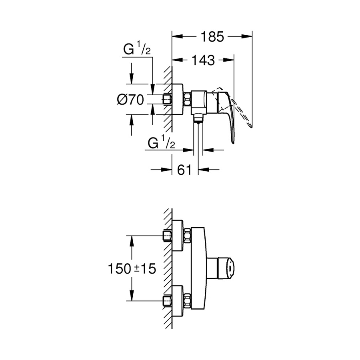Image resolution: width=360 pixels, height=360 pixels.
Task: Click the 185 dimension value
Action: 212,37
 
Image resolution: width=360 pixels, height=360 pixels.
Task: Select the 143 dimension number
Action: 203,60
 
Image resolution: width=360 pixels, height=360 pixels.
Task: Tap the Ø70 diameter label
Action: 130,100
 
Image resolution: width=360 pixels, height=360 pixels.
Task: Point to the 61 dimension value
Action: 184,170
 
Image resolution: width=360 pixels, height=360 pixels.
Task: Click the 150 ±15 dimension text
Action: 132,269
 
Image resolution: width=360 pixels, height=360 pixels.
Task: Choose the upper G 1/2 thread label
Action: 137,48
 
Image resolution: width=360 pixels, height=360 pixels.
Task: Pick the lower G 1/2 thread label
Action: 161,142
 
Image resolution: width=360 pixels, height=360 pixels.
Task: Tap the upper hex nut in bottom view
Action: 187,236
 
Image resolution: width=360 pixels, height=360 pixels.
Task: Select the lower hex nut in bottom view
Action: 187,300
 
